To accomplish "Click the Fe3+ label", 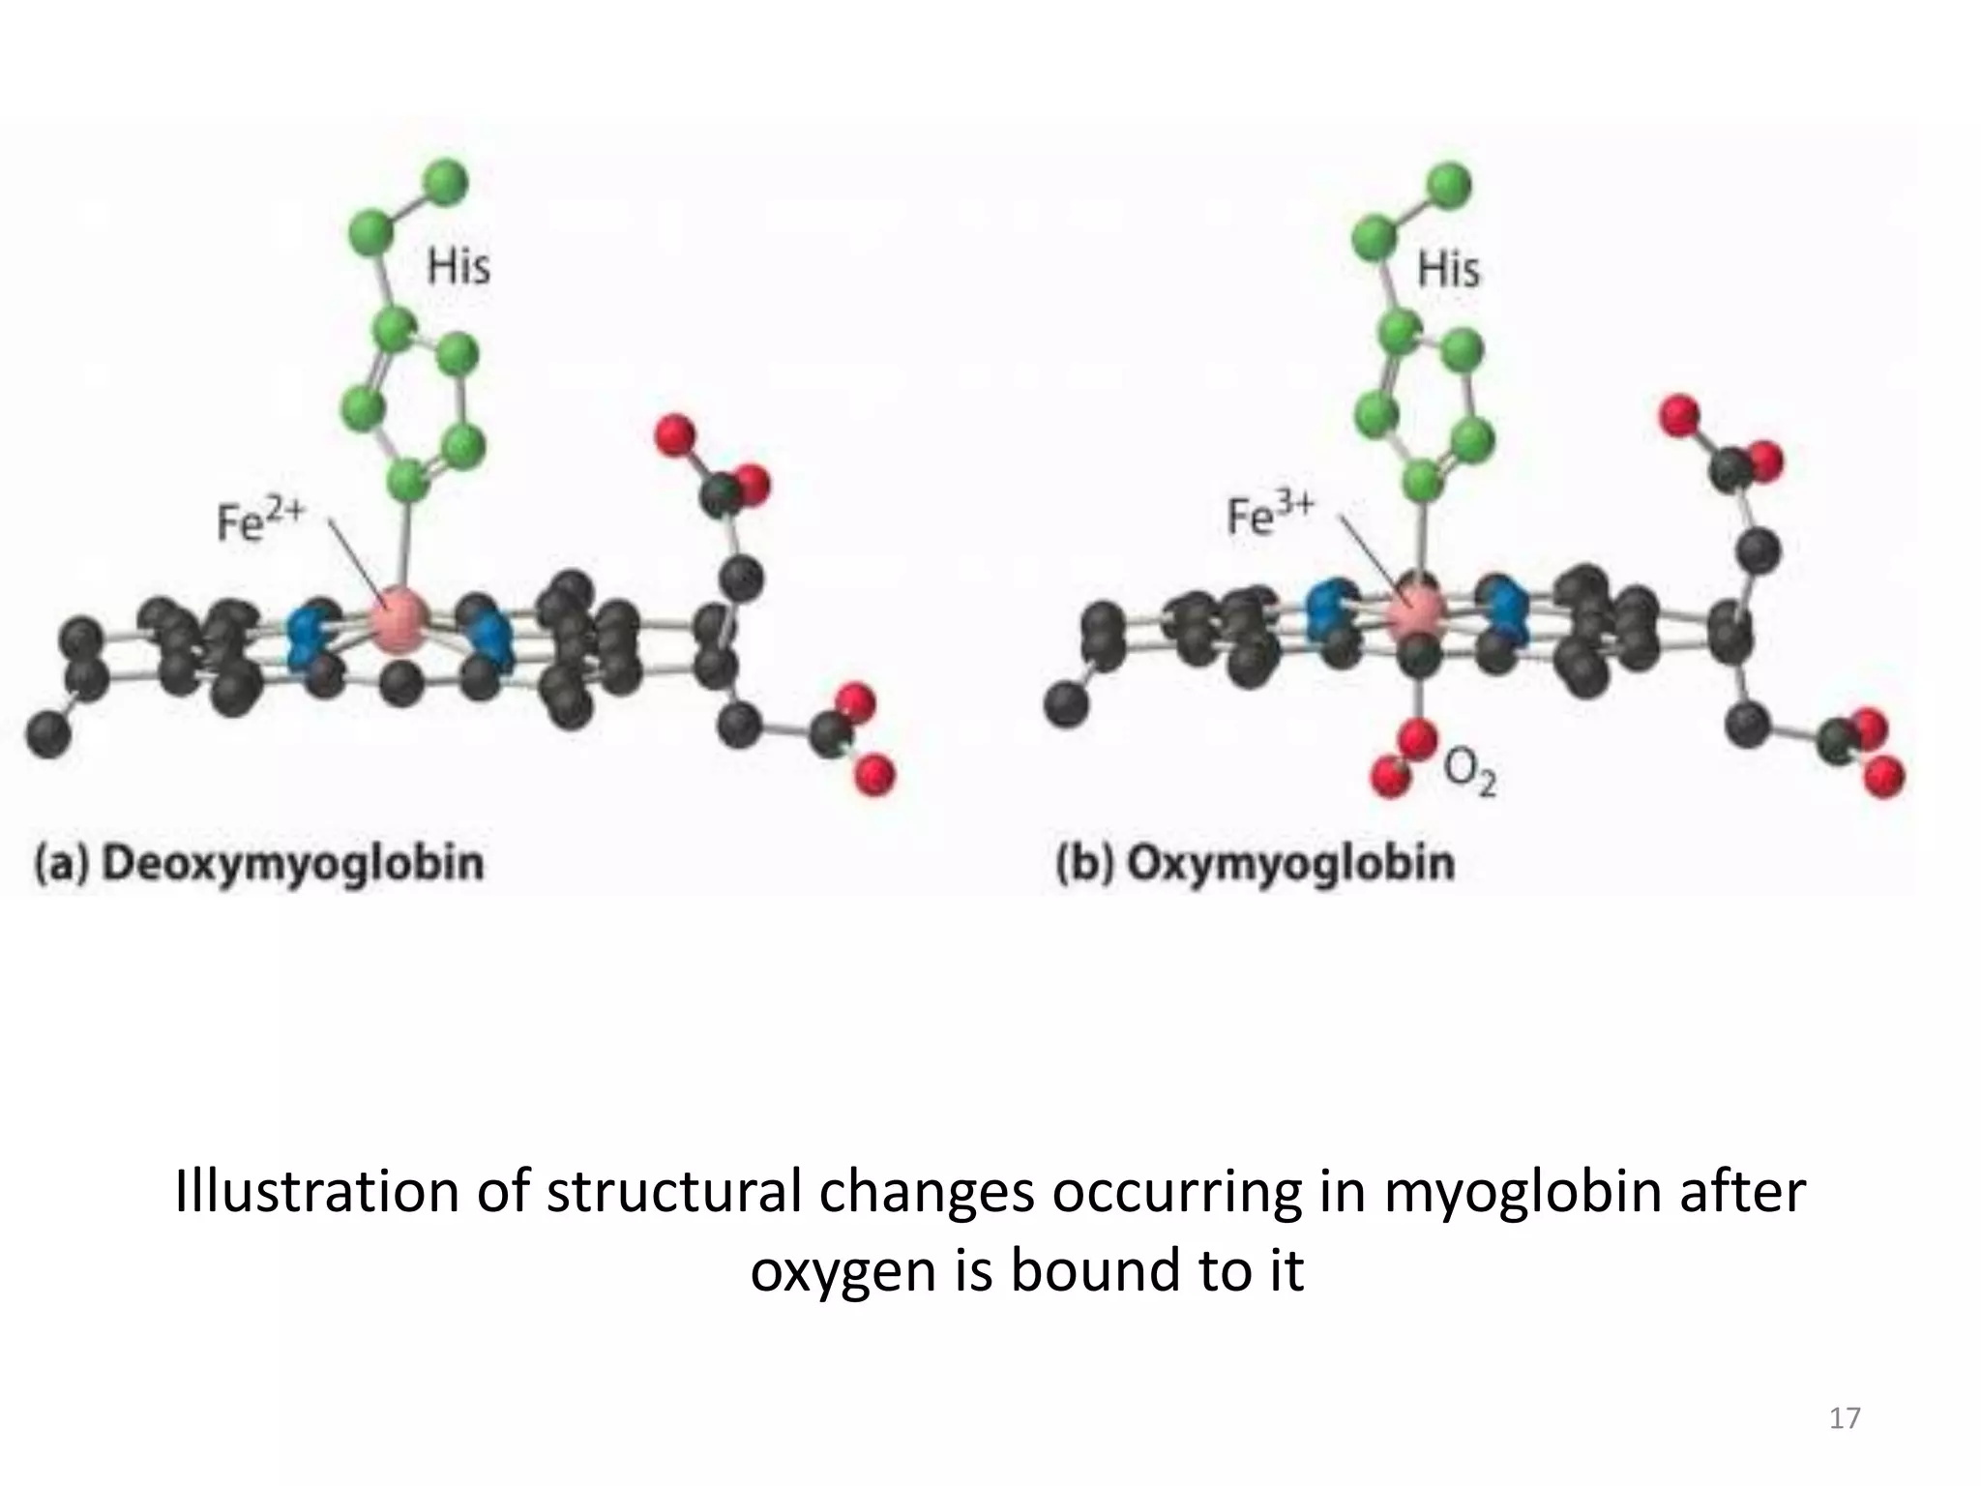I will (1269, 516).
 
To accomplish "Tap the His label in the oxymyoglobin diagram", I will (1448, 268).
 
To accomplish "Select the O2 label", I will (1469, 774).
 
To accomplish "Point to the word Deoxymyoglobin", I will (292, 862).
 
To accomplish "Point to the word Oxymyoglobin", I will (1290, 862).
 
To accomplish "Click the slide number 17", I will (1845, 1418).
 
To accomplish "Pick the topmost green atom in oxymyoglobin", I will (1448, 186).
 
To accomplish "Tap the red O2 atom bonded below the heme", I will (1418, 739).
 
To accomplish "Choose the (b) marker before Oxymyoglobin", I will (1083, 862).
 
